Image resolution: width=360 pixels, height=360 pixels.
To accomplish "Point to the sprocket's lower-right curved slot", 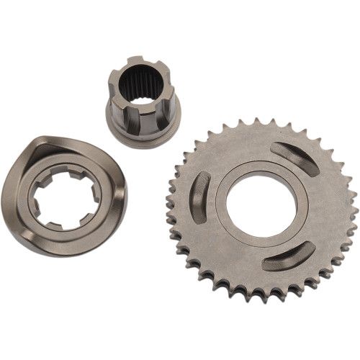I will coord(288,256).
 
